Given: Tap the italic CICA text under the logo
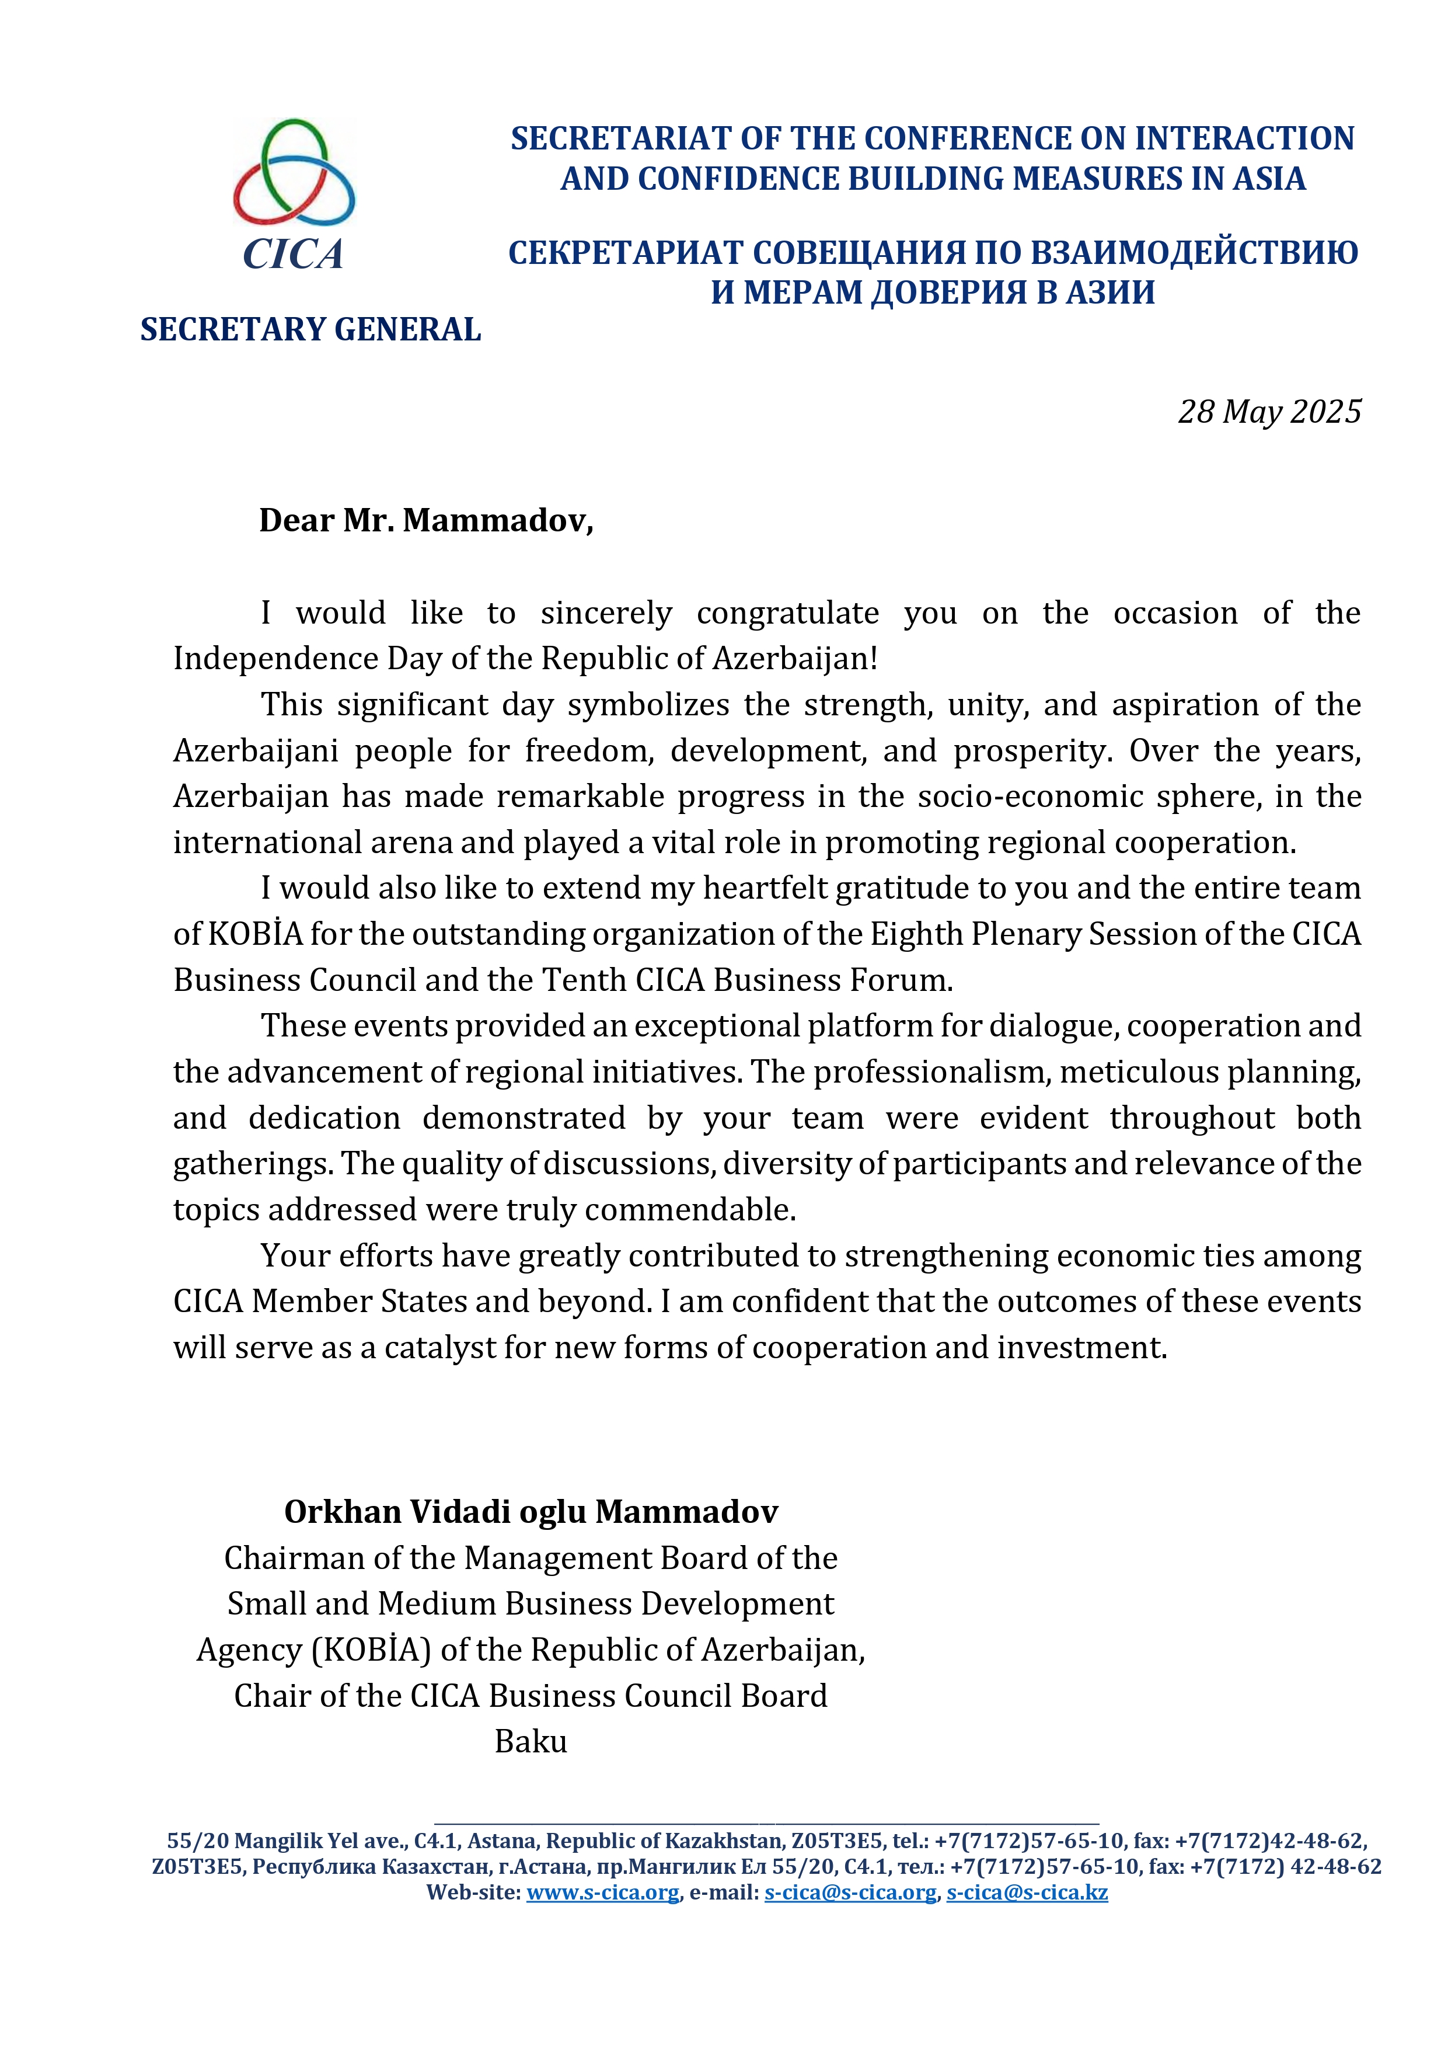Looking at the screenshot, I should [292, 255].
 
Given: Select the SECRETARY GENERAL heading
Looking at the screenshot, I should [310, 329].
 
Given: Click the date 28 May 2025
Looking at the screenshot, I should [1269, 412].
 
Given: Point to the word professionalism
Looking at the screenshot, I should [931, 1072].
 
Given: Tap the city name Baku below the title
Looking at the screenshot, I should [531, 1741].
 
